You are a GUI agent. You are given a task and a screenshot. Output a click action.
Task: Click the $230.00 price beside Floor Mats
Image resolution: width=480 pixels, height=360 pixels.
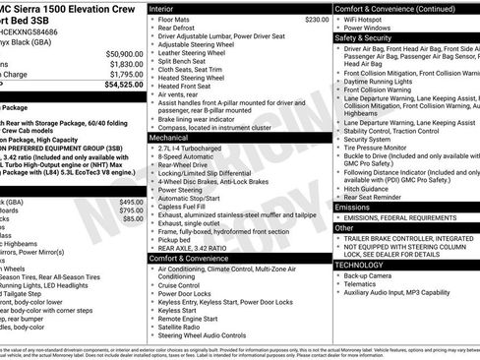tap(317, 19)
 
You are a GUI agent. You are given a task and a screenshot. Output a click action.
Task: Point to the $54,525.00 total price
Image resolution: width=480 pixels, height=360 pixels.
tap(123, 86)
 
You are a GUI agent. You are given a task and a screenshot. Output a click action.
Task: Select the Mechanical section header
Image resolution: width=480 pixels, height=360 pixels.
tap(169, 138)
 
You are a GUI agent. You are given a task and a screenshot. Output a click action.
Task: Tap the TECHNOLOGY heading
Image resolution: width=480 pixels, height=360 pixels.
tap(359, 265)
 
